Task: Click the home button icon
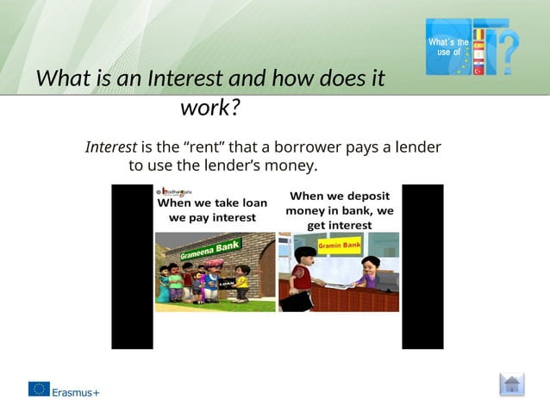(x=511, y=384)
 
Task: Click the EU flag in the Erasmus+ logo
(x=39, y=389)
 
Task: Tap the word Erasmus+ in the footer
(x=76, y=391)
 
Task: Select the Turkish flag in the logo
(x=478, y=71)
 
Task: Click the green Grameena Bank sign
(x=210, y=250)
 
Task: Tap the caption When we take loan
(x=212, y=203)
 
